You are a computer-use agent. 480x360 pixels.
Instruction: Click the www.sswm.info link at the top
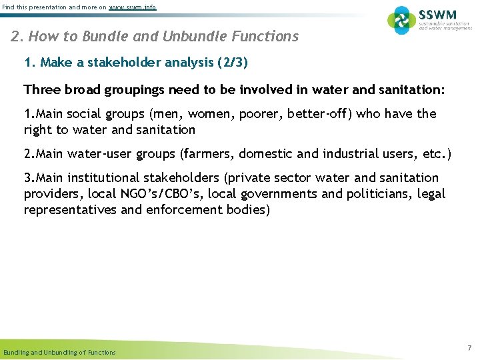click(x=133, y=7)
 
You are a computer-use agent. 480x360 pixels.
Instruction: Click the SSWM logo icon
click(x=401, y=20)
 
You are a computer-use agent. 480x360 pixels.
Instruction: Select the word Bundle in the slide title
click(x=109, y=37)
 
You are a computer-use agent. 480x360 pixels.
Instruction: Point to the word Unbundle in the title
click(x=189, y=37)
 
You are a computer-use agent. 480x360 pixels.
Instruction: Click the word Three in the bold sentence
click(x=40, y=89)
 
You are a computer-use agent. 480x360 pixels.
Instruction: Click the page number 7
click(x=469, y=349)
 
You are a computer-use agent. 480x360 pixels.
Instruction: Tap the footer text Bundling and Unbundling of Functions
click(x=59, y=352)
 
